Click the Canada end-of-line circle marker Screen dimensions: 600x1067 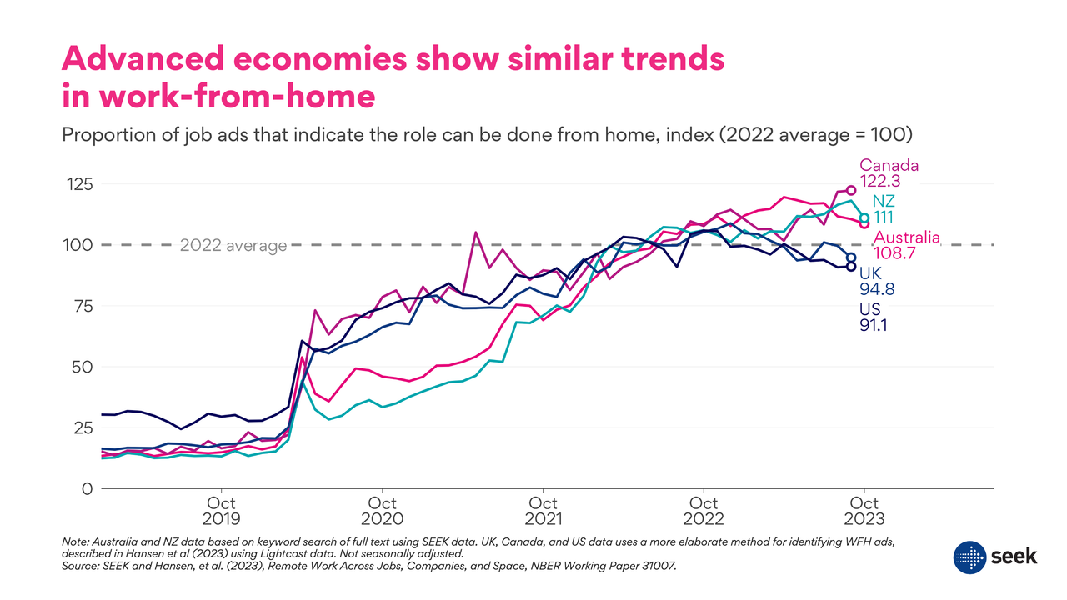851,191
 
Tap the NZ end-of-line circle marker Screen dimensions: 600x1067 864,217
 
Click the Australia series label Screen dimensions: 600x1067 907,237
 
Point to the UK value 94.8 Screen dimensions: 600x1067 878,289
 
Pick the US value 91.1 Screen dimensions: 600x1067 874,325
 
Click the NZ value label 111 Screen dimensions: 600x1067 883,217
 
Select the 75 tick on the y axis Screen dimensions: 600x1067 79,306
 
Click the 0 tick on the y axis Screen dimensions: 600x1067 85,488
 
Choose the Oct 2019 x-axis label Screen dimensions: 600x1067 221,511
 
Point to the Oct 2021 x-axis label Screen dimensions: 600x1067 544,511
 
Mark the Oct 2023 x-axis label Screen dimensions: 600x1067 864,511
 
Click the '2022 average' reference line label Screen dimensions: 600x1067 233,246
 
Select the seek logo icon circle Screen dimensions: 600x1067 970,557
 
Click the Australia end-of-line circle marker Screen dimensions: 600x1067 864,223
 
